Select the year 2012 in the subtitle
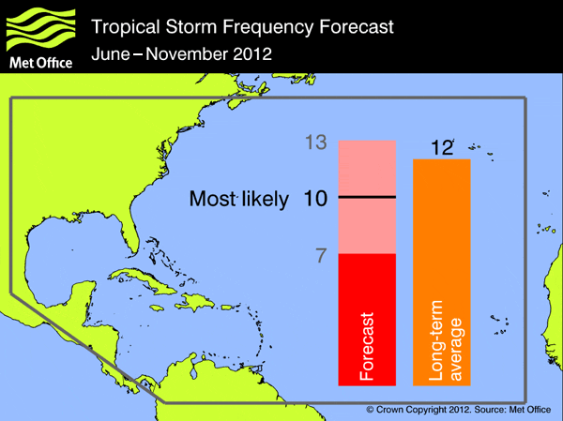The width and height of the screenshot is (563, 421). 252,53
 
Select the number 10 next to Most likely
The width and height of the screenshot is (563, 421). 315,198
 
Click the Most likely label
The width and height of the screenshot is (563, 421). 239,199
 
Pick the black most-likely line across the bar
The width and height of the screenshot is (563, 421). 367,197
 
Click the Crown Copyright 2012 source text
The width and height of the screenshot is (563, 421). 457,411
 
